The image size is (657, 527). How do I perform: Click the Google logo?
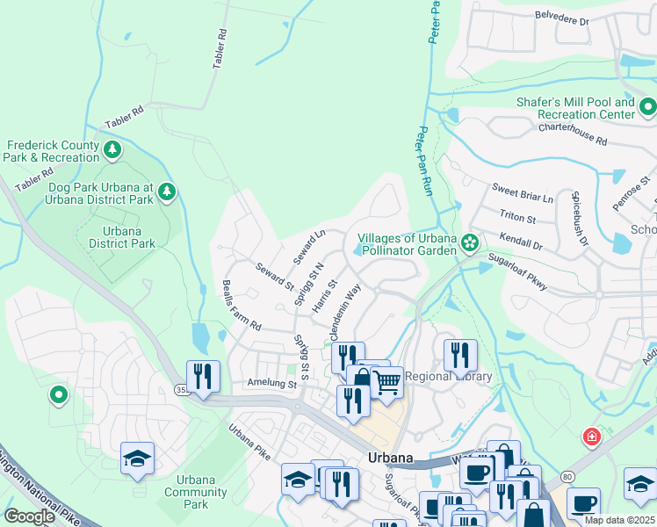[x=29, y=516]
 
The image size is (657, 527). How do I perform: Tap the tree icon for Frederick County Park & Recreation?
[x=112, y=150]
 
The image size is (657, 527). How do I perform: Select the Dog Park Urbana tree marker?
[x=167, y=191]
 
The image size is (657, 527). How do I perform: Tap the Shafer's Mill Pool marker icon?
[x=647, y=108]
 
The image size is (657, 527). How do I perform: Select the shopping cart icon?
[x=387, y=382]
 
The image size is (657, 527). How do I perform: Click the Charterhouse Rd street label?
[x=573, y=134]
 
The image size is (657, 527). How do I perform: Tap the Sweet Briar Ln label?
[x=523, y=193]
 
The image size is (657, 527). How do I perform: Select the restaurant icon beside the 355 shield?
[x=202, y=377]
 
